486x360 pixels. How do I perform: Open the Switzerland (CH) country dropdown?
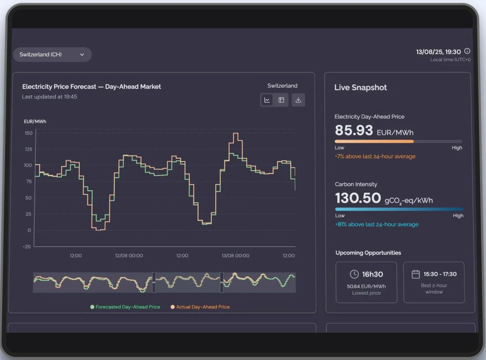(52, 55)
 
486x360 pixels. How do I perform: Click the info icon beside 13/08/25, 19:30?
(467, 51)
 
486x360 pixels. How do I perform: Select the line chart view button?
(267, 100)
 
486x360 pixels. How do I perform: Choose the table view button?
(281, 100)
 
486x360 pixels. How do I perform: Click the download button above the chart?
(298, 100)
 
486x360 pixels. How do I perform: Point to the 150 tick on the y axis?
(28, 133)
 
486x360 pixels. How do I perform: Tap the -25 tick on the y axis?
(27, 246)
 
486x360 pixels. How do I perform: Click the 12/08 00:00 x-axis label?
(129, 256)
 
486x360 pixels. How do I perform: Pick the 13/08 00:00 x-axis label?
(235, 256)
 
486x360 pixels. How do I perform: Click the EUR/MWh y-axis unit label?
(35, 121)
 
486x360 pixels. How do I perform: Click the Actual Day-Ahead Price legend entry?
(202, 307)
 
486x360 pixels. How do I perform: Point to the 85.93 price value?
(354, 130)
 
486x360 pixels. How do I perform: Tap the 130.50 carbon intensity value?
(358, 198)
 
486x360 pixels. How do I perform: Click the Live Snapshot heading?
(360, 88)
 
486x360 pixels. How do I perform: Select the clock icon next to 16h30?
(354, 274)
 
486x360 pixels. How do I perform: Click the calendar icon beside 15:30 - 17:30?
(415, 274)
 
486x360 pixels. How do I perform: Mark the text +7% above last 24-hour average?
(375, 157)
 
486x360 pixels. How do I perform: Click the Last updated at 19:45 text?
(50, 97)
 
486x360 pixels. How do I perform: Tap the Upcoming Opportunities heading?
(368, 253)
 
